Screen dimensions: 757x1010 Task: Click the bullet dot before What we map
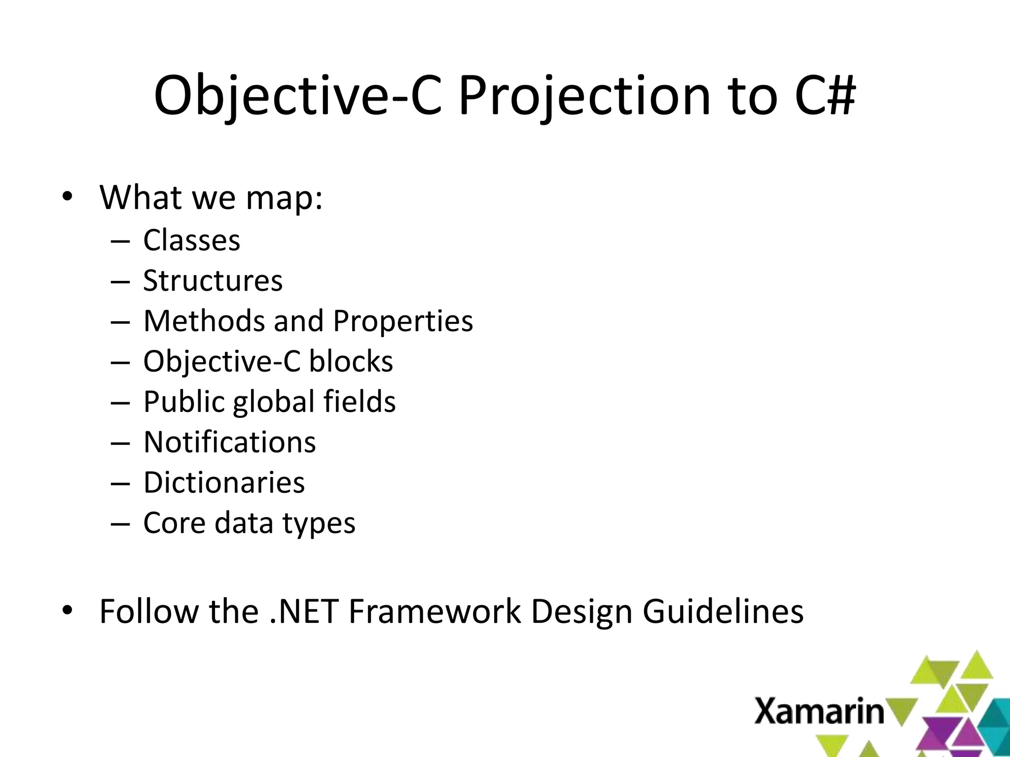point(68,197)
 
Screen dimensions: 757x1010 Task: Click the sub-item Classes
point(191,241)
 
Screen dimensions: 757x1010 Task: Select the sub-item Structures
point(213,281)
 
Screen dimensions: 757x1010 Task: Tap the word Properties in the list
point(402,321)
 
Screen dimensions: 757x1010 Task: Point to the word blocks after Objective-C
point(351,362)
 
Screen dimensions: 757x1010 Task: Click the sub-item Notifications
point(229,442)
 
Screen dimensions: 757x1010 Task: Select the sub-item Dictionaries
point(224,482)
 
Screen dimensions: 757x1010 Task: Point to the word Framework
point(434,612)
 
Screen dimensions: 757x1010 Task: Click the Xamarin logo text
point(819,711)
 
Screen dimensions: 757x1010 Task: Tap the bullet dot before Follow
point(68,611)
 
